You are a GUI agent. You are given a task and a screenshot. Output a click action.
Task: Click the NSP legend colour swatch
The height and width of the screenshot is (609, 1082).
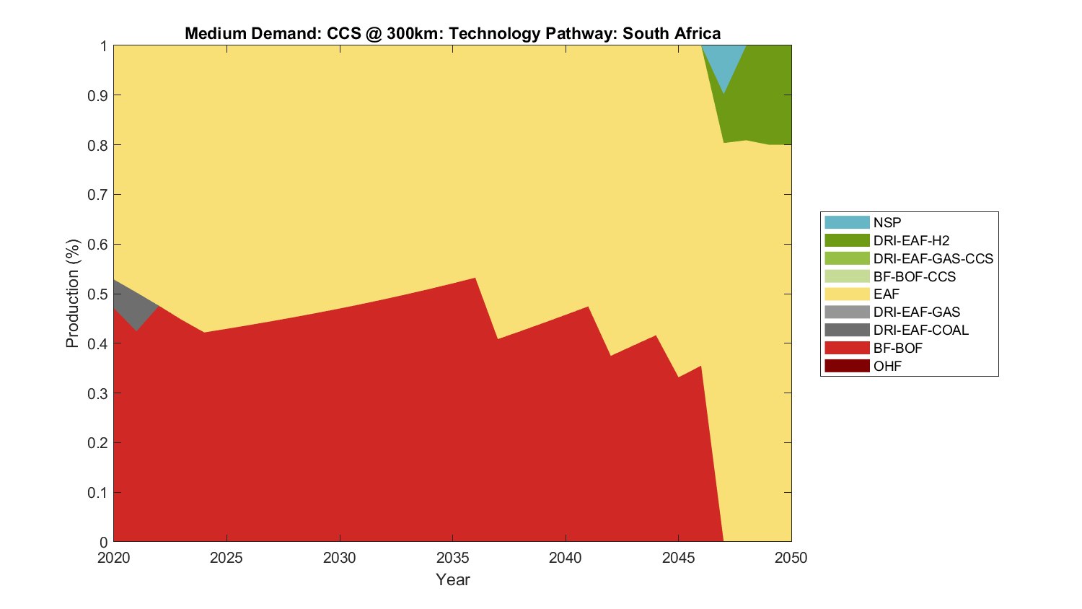[x=847, y=222]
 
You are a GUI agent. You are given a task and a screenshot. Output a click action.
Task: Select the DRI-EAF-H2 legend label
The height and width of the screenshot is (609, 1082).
[x=911, y=240]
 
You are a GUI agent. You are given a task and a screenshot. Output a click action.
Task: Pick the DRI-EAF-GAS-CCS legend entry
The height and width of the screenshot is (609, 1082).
[x=933, y=258]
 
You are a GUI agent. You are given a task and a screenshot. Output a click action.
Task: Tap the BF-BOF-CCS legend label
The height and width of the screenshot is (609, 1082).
[x=914, y=276]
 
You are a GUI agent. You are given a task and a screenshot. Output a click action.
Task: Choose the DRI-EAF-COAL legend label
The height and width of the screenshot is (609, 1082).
[x=920, y=330]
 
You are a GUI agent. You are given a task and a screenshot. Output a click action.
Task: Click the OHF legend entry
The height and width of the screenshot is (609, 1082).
[x=887, y=366]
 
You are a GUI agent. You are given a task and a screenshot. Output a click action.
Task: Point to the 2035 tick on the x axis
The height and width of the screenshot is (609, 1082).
[x=452, y=558]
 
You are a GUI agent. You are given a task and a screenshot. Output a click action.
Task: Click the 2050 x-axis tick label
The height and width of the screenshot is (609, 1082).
[x=791, y=558]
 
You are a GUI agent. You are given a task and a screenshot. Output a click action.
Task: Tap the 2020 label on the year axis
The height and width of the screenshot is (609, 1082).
[x=113, y=558]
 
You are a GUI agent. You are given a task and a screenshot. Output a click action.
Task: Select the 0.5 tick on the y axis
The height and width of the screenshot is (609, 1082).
[x=99, y=294]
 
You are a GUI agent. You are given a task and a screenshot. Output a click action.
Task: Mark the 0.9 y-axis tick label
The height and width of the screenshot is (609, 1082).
[x=99, y=95]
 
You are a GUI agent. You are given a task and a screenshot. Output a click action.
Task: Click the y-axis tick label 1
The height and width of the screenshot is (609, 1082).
[x=104, y=46]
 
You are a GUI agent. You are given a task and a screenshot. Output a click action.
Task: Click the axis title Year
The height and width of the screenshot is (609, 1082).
[x=452, y=579]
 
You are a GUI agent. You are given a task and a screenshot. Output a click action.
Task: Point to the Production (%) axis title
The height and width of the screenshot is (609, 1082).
[x=72, y=294]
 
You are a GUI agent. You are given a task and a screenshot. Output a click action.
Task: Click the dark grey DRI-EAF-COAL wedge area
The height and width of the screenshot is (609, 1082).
[x=130, y=303]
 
